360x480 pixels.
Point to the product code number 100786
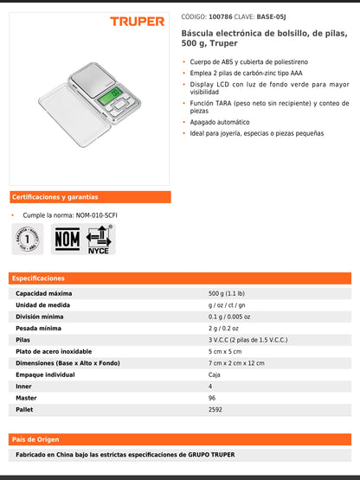coord(221,16)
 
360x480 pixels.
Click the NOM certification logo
coord(67,239)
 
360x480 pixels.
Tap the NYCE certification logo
coord(99,239)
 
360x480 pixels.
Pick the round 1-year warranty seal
coord(28,239)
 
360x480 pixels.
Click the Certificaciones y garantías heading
coord(55,197)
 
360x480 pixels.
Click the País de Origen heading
coord(37,438)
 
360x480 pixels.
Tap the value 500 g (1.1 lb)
coord(227,294)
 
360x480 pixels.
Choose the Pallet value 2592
coord(215,408)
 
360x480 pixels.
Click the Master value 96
coord(211,397)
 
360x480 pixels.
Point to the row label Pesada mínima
coord(38,329)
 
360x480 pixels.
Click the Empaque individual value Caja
coord(215,374)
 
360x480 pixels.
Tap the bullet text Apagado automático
coord(221,122)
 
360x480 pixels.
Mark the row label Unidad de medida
coord(42,305)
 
